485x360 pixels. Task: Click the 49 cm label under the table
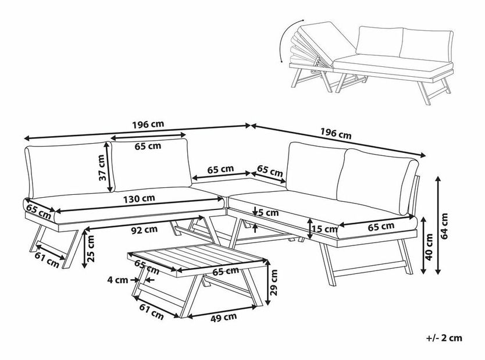pos(223,317)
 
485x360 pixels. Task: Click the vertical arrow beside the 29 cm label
pos(270,286)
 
